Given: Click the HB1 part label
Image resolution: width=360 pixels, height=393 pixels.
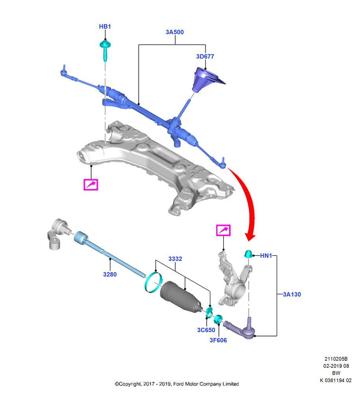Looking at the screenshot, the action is (x=105, y=27).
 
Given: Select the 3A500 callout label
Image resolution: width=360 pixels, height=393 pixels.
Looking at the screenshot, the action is (x=175, y=32).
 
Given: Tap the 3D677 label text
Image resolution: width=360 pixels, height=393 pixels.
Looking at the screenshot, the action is (x=205, y=57).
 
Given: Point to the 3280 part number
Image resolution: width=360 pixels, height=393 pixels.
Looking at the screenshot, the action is (x=110, y=274).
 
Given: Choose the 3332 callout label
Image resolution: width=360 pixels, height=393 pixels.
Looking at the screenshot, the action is (x=175, y=259).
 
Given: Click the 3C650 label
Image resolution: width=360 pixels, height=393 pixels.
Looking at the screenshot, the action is (x=206, y=330).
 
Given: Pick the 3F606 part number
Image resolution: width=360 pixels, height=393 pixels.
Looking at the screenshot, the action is (x=218, y=340).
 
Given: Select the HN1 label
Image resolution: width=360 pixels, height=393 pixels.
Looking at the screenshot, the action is (x=266, y=256).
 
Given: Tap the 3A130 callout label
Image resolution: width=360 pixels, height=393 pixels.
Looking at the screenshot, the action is (x=292, y=294).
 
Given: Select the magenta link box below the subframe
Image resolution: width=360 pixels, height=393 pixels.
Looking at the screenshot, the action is (x=90, y=185).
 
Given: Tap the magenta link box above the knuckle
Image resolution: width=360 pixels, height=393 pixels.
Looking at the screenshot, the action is (x=223, y=230).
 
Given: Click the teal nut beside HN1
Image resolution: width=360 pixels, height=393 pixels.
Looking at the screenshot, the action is (x=248, y=254).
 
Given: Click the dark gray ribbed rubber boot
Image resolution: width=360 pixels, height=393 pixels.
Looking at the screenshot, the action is (x=180, y=297).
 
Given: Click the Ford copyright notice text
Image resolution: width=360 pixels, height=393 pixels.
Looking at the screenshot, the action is (x=177, y=384).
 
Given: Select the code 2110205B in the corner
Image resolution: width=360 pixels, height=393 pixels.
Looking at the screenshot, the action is (x=336, y=359).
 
